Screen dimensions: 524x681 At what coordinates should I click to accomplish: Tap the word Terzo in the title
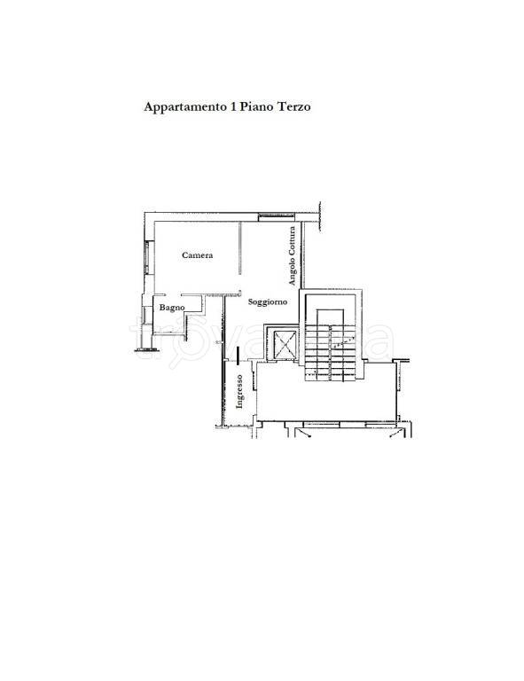(293, 106)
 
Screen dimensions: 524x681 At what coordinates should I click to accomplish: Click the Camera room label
(198, 255)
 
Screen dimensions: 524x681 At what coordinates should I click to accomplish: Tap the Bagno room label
(172, 308)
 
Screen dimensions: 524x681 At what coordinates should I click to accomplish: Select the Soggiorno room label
(268, 301)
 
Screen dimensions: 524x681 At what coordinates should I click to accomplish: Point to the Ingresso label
(239, 391)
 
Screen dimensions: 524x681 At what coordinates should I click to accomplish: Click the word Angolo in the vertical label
(293, 271)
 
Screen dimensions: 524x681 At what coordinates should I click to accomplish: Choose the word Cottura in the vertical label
(293, 240)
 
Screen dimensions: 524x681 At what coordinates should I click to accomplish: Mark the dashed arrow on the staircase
(344, 341)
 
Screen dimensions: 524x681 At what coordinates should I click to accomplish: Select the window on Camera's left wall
(147, 257)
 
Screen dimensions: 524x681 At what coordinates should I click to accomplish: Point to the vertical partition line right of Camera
(239, 248)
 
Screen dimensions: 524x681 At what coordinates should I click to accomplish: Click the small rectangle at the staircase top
(331, 317)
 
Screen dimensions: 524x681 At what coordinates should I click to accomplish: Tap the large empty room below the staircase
(325, 400)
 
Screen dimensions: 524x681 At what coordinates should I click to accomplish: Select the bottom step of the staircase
(331, 379)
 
